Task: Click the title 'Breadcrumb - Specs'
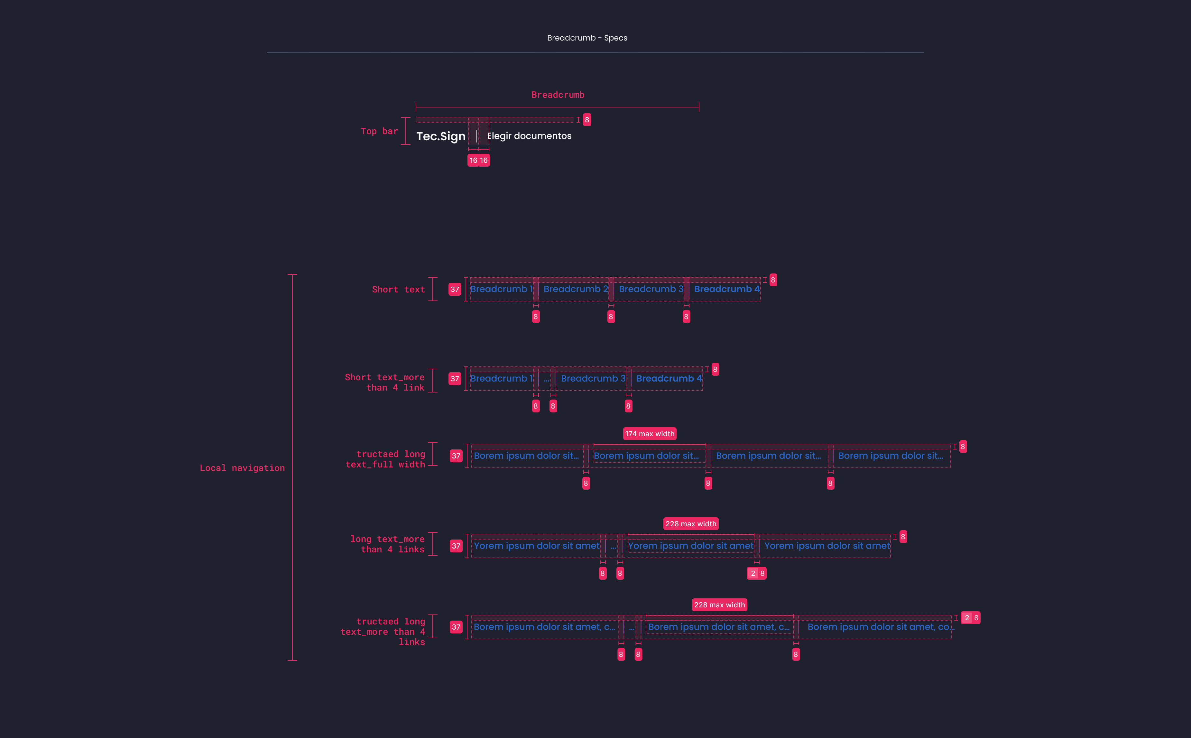(x=587, y=38)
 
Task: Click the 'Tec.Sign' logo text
(x=440, y=136)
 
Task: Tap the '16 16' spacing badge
(x=478, y=160)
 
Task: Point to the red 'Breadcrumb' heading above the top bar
(x=558, y=95)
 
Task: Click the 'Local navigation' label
(x=242, y=468)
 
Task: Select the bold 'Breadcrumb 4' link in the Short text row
(x=726, y=289)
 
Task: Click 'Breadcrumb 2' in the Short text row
(x=576, y=289)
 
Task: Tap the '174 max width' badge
(x=649, y=434)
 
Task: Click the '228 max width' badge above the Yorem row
(x=691, y=524)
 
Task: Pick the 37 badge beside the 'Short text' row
(x=455, y=290)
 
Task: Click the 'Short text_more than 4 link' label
(x=385, y=382)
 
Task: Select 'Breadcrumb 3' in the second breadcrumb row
(x=593, y=378)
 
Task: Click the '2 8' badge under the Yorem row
(x=757, y=574)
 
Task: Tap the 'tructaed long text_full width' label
(x=386, y=459)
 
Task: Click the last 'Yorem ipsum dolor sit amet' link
(x=826, y=546)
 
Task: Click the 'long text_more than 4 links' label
(x=388, y=544)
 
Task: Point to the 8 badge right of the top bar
(x=587, y=120)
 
